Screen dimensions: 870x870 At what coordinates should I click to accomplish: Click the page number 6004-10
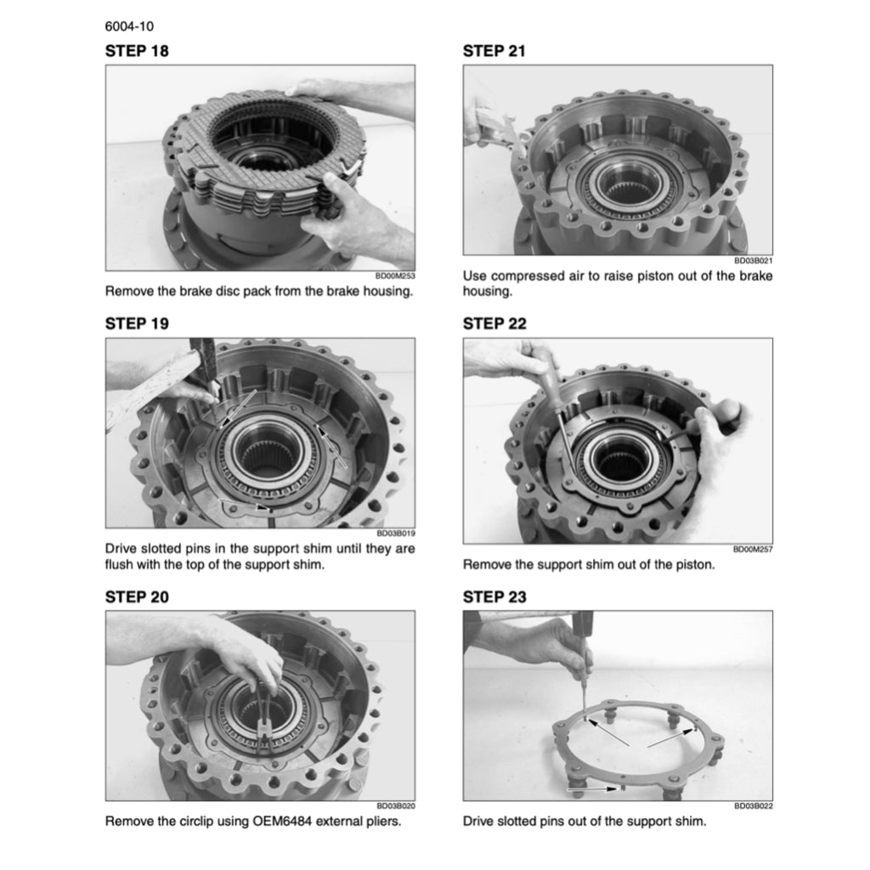click(129, 26)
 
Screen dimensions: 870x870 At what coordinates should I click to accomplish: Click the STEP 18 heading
click(137, 51)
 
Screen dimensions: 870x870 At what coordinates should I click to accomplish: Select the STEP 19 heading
click(137, 324)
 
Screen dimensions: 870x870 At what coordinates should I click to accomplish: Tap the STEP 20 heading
click(137, 597)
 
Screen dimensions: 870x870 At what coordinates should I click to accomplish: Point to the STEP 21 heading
click(494, 51)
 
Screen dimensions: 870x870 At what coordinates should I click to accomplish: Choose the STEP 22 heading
click(495, 324)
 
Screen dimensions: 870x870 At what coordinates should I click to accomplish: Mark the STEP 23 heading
click(495, 597)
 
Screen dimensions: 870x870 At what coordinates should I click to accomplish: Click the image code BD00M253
click(395, 276)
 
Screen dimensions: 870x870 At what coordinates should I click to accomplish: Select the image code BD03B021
click(754, 260)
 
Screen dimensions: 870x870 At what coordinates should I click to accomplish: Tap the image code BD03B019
click(396, 534)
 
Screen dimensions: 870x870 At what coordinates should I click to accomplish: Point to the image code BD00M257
click(753, 550)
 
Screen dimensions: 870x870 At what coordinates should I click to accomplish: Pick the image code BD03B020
click(396, 805)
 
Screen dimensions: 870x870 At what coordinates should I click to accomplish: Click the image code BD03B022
click(754, 805)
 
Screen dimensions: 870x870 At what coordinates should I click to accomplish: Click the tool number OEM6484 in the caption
click(281, 822)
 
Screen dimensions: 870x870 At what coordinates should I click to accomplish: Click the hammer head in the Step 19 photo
click(202, 360)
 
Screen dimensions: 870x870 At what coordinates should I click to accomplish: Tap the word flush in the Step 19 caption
click(118, 564)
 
